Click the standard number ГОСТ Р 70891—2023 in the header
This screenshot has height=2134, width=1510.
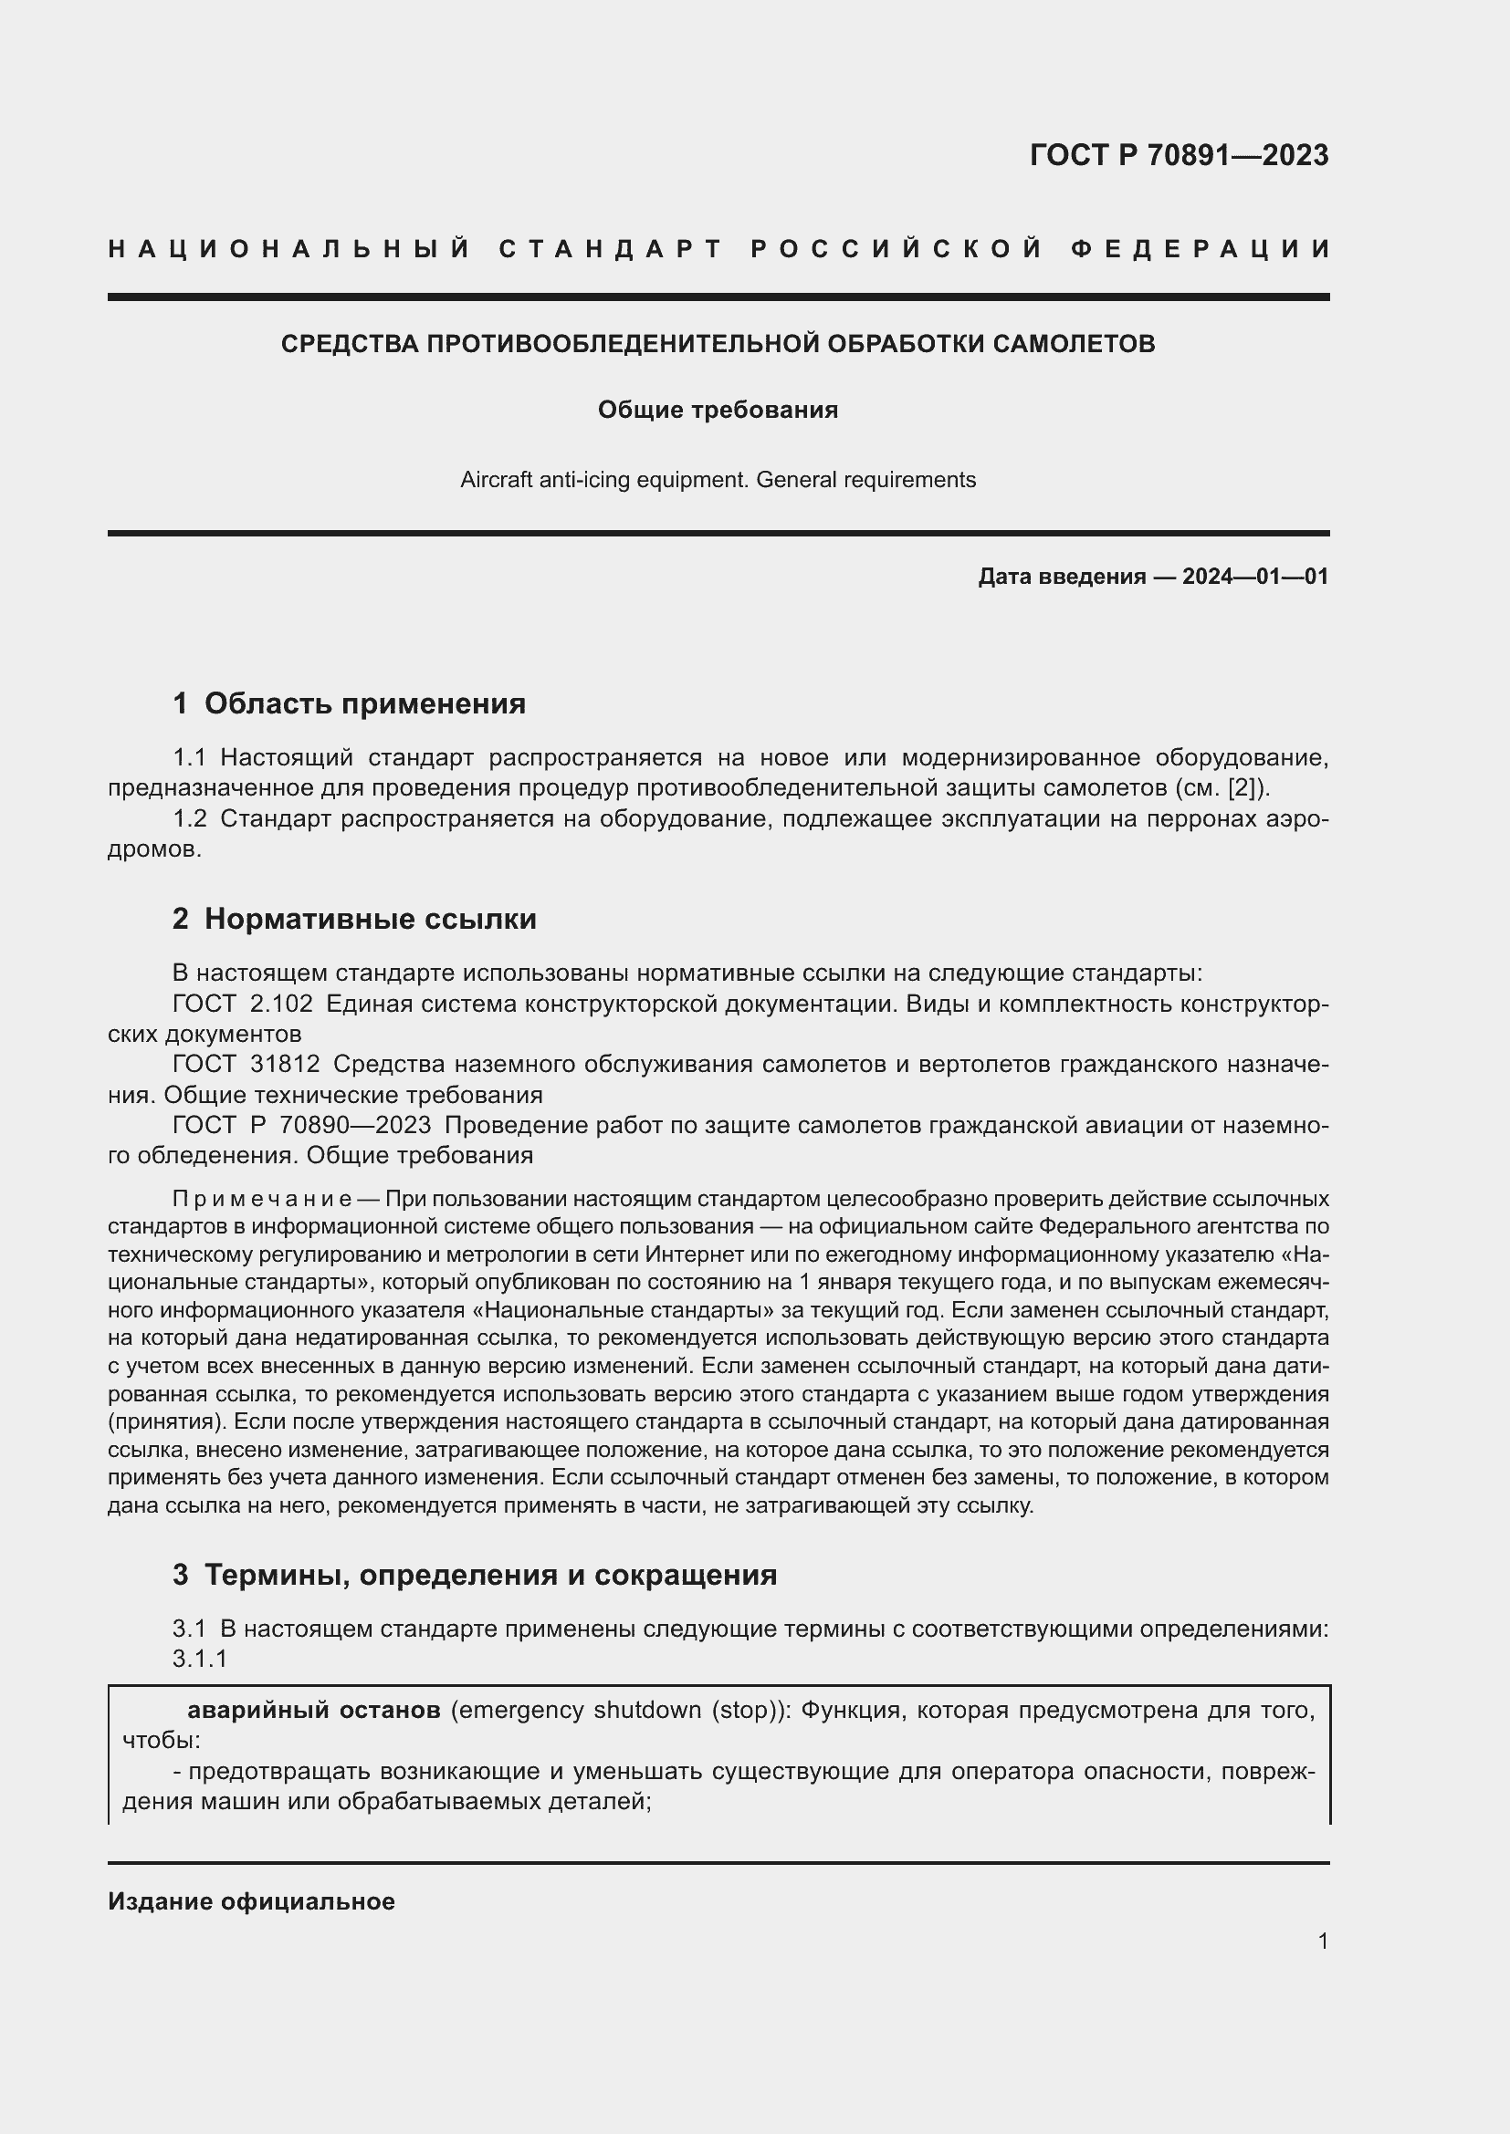point(1178,154)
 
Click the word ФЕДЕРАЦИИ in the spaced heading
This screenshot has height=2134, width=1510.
point(1200,249)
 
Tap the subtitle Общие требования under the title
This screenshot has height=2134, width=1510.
point(717,410)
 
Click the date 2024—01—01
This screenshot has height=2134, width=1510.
point(1254,577)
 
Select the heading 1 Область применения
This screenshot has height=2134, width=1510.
point(349,703)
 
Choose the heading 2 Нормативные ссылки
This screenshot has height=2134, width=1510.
point(354,920)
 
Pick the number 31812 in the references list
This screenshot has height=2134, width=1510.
point(285,1064)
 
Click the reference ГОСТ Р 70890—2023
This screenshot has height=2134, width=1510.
point(301,1125)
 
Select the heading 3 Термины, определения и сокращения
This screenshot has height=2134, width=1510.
point(474,1575)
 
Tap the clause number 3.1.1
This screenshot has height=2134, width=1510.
point(200,1659)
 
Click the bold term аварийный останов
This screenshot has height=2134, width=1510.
point(313,1710)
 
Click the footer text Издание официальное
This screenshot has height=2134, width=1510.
point(251,1901)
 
